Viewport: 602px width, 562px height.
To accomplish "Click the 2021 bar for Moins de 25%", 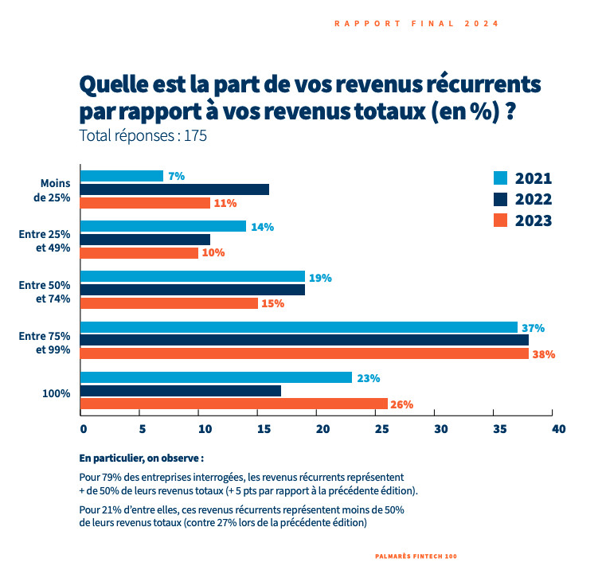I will click(122, 176).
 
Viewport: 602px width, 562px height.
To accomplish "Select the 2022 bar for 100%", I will click(181, 391).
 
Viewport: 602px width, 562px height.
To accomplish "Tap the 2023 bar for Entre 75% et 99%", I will click(305, 353).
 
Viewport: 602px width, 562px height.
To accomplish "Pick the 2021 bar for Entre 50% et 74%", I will click(193, 276).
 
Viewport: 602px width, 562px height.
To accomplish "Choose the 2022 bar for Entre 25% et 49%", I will click(145, 240).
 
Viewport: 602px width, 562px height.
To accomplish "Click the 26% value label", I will click(402, 404).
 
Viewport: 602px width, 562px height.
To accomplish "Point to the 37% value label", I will click(533, 328).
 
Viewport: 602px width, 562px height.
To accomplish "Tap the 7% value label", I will click(175, 176).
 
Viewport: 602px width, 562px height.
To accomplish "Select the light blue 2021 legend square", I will click(501, 178).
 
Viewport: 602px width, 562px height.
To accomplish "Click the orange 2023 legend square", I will click(501, 221).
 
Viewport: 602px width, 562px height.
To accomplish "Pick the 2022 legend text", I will click(534, 200).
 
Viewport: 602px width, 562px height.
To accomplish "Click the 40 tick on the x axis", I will click(557, 429).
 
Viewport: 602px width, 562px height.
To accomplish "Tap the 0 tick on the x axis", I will click(83, 429).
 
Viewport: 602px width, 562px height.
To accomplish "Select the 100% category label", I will click(56, 393).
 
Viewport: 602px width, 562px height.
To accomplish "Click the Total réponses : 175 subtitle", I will click(143, 136).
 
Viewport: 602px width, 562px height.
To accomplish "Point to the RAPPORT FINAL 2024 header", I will click(416, 24).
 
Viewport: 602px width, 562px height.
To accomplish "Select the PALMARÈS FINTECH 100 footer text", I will click(416, 555).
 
